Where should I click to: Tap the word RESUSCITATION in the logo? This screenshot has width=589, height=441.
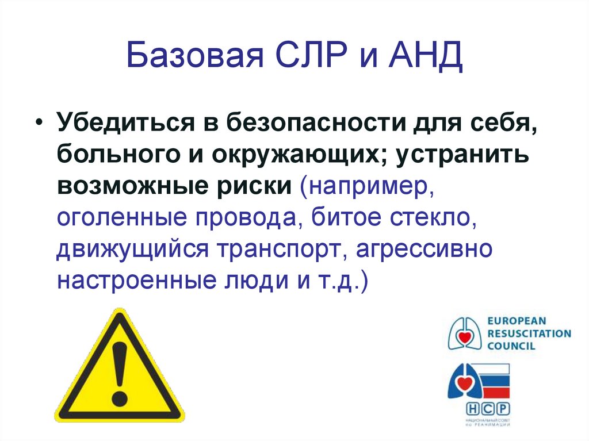(x=529, y=333)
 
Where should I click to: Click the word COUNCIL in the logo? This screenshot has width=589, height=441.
(x=511, y=346)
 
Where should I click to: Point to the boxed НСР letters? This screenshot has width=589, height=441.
(x=488, y=409)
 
